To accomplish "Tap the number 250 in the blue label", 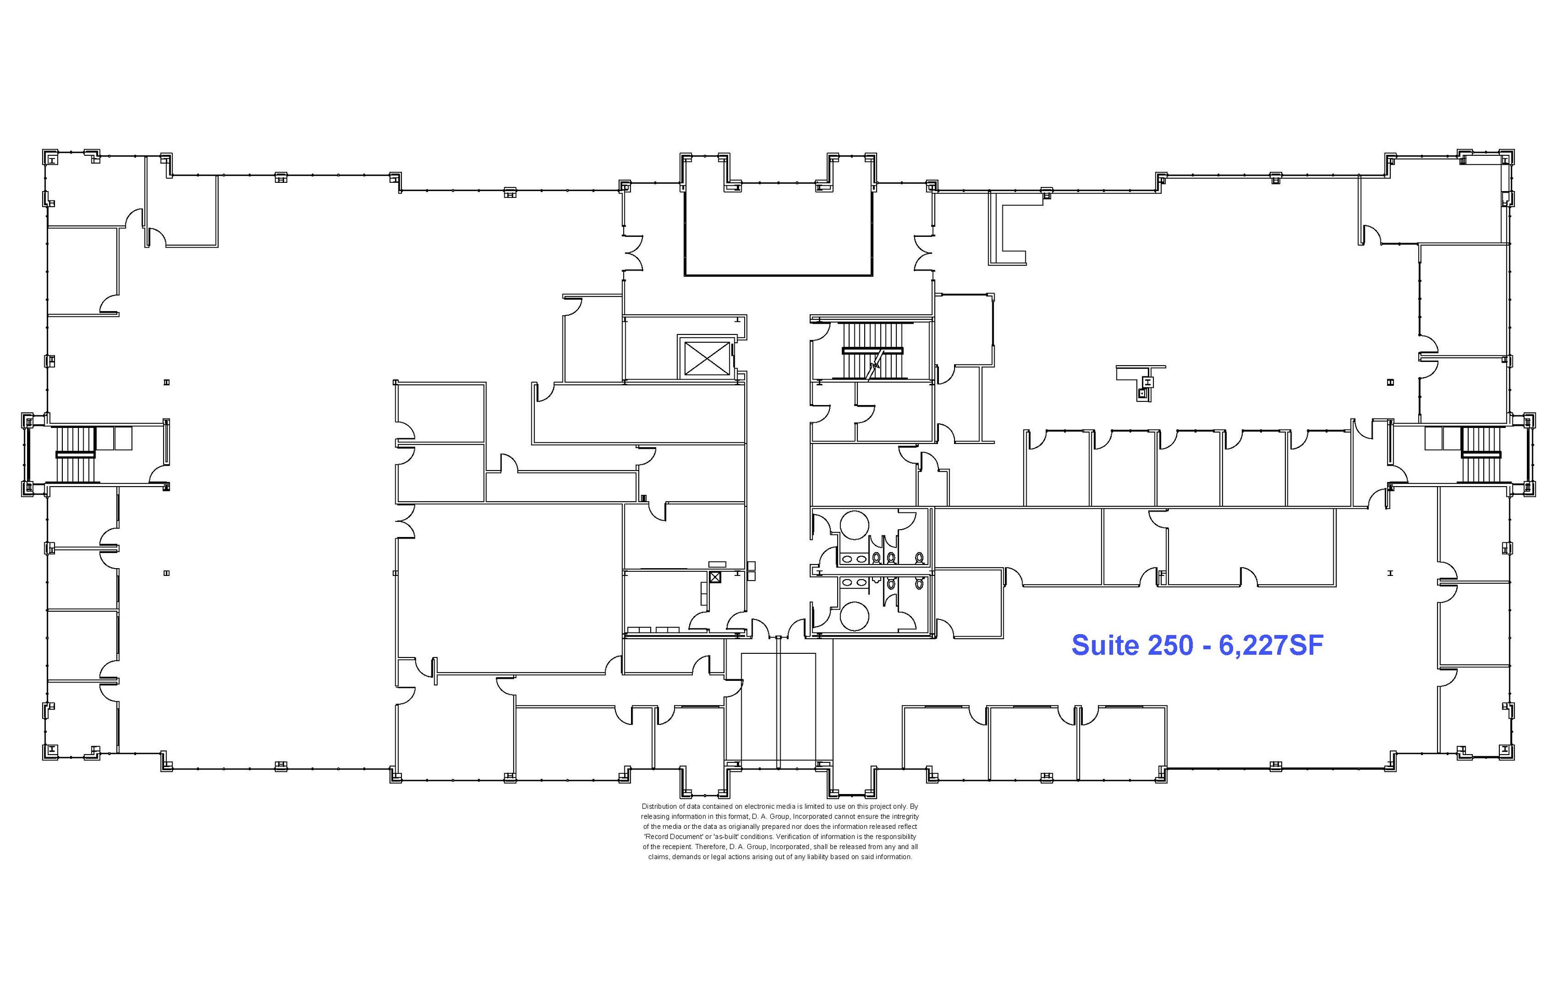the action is pyautogui.click(x=1171, y=646).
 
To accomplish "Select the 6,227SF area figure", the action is pyautogui.click(x=1271, y=646).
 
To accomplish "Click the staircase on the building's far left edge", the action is pyautogui.click(x=76, y=453).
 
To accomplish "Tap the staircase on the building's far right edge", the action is pyautogui.click(x=1481, y=453).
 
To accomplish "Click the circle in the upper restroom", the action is pyautogui.click(x=854, y=525).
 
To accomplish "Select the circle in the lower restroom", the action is pyautogui.click(x=854, y=615).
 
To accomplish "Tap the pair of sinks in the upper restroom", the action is pyautogui.click(x=852, y=559).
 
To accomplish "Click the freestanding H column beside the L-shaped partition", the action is pyautogui.click(x=1148, y=381).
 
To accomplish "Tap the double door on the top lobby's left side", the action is pyautogui.click(x=633, y=253).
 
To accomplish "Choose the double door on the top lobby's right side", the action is pyautogui.click(x=924, y=253).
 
